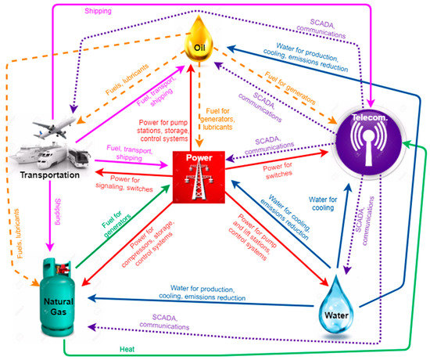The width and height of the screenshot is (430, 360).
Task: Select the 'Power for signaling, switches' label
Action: click(x=129, y=185)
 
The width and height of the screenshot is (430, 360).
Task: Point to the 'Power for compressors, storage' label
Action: click(x=143, y=250)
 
